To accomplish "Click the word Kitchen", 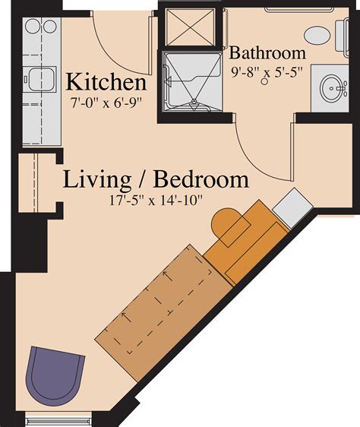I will point(105,82).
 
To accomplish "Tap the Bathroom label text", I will point(267,54).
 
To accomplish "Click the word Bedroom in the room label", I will point(201,180).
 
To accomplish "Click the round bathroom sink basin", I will point(332,89).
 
